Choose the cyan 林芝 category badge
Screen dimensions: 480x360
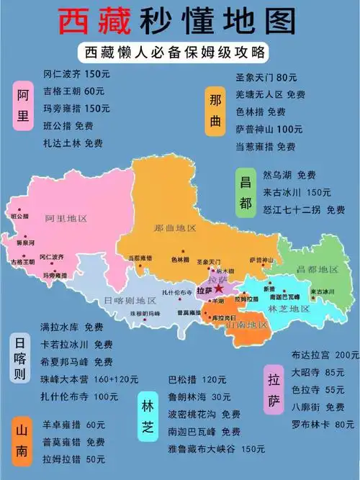pyautogui.click(x=147, y=417)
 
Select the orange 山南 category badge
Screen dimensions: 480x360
pyautogui.click(x=24, y=438)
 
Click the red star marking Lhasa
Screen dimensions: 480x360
pyautogui.click(x=218, y=289)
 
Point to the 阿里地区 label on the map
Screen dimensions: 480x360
pyautogui.click(x=66, y=218)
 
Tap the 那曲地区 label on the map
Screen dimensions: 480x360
pyautogui.click(x=175, y=227)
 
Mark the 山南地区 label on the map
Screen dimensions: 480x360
pyautogui.click(x=246, y=325)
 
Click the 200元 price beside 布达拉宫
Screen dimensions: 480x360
pyautogui.click(x=347, y=355)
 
